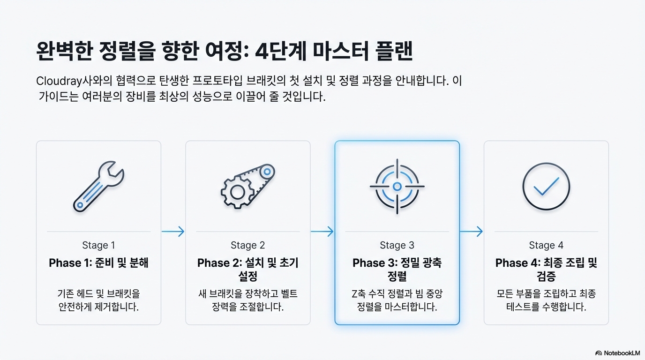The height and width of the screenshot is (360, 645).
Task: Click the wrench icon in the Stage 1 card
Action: [x=98, y=186]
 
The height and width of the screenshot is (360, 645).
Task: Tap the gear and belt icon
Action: [x=247, y=186]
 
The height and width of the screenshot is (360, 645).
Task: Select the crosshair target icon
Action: [x=397, y=187]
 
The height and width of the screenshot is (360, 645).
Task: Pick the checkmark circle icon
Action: [x=546, y=187]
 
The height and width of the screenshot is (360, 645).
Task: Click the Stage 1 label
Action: [x=98, y=245]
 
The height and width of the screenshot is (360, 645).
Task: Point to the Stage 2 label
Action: [x=247, y=245]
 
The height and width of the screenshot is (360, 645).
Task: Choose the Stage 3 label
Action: [x=397, y=245]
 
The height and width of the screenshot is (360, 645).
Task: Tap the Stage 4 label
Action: [x=546, y=245]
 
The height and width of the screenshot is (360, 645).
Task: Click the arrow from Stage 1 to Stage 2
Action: [x=173, y=231]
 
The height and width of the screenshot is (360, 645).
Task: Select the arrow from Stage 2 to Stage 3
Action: [x=322, y=231]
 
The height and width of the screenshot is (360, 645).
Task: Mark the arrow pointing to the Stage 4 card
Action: [x=471, y=231]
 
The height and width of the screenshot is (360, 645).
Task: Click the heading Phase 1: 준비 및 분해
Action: [x=98, y=263]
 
